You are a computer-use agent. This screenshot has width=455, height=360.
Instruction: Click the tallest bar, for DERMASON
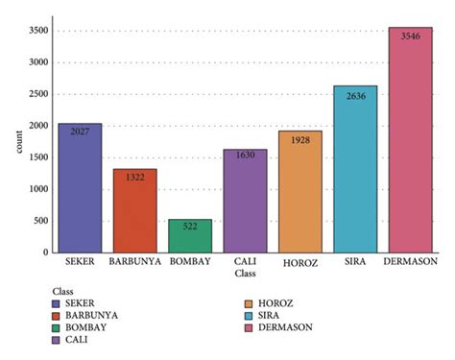point(411,139)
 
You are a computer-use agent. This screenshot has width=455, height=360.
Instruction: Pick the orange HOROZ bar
point(300,192)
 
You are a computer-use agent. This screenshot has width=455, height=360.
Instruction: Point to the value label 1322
point(135,177)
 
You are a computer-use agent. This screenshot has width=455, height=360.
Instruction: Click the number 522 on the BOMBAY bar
point(190,227)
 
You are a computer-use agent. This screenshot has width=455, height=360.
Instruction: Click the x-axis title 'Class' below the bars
point(246,274)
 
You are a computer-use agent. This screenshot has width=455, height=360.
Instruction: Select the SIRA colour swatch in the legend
point(249,314)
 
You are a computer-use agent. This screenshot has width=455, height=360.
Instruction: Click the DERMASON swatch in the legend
point(249,326)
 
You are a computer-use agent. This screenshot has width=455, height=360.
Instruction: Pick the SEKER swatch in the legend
point(59,301)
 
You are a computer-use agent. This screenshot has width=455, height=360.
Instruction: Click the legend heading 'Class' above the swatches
point(63,289)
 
